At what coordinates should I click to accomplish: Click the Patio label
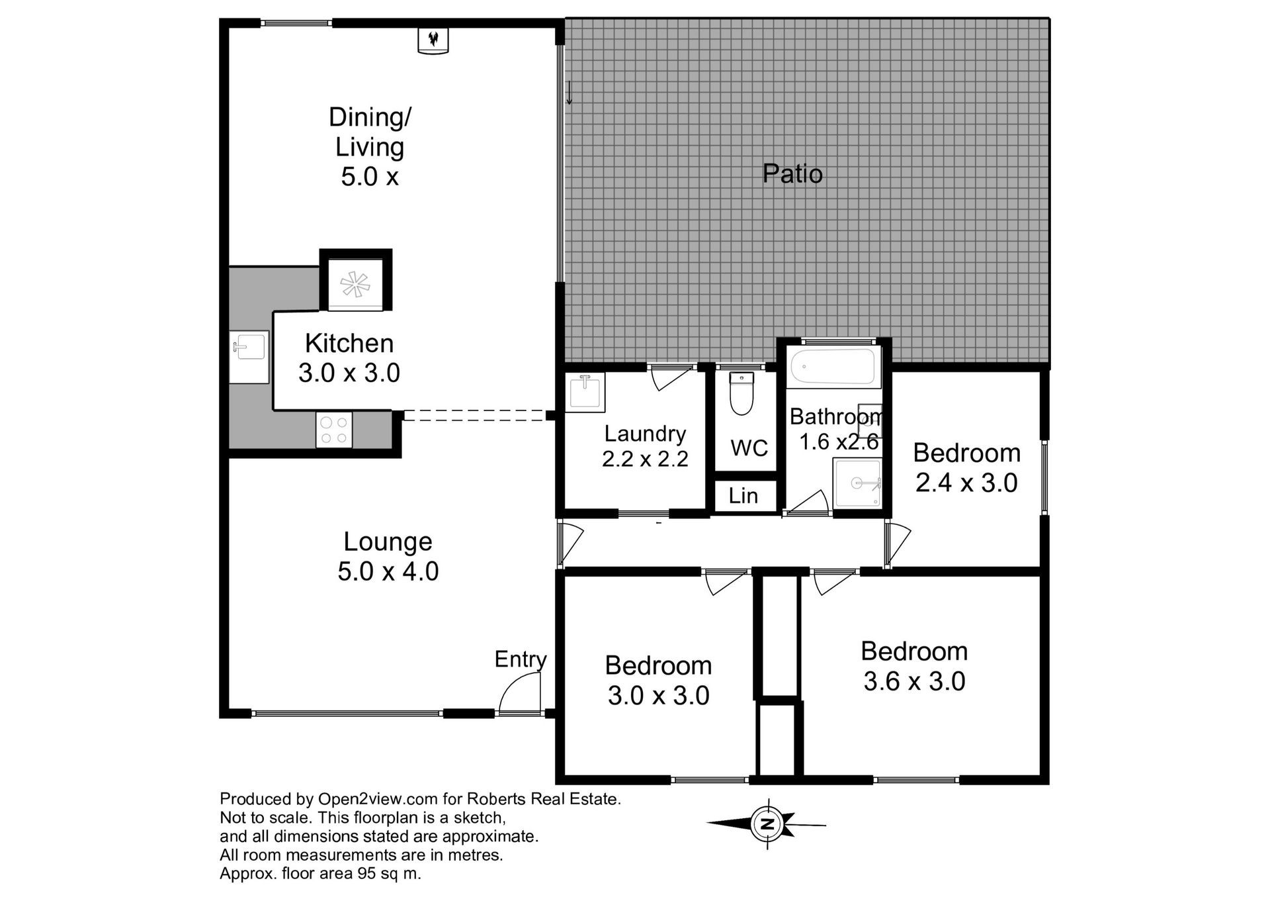tap(792, 173)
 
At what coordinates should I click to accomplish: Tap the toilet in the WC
tap(741, 393)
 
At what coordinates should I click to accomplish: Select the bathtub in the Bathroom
tap(833, 367)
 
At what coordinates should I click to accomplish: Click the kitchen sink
tap(249, 357)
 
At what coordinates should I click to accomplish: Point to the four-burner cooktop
tap(334, 430)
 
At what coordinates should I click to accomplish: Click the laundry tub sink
tap(585, 392)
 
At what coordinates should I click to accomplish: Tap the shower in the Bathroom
tap(858, 483)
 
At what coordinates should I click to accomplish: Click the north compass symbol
tap(767, 824)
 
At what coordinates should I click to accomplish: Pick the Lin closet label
tap(743, 496)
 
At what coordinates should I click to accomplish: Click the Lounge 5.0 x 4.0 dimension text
tap(388, 571)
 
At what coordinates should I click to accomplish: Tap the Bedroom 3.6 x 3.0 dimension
tap(914, 681)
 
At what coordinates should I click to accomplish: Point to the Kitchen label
tap(349, 343)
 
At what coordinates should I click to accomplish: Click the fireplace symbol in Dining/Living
tap(433, 40)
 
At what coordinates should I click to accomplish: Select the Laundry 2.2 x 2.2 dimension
tap(645, 459)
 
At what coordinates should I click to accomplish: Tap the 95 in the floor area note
tap(366, 873)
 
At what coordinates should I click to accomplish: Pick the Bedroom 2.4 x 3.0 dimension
tap(966, 483)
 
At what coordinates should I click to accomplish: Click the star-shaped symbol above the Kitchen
tap(355, 285)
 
